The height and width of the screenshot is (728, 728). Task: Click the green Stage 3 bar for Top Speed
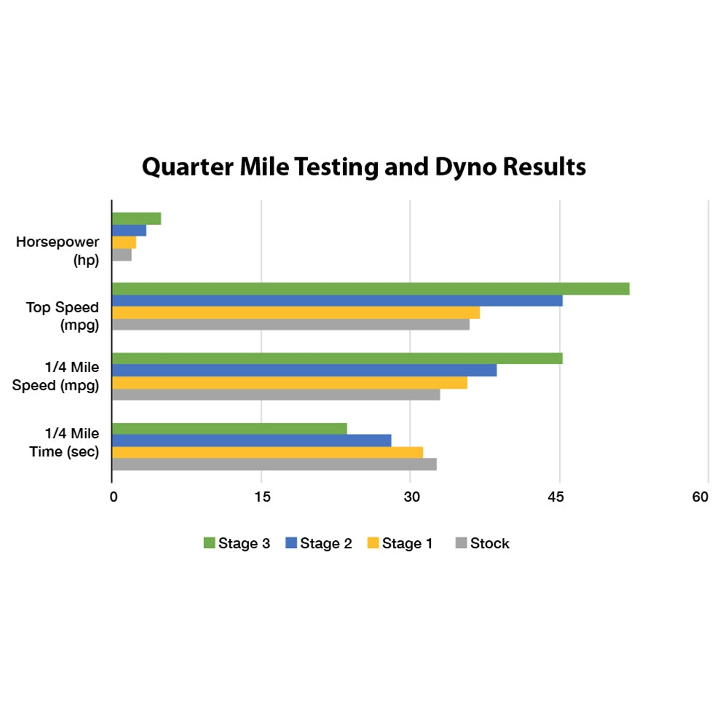370,289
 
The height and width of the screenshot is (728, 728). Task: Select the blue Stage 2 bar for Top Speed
336,301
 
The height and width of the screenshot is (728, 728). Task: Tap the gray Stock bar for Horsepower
122,255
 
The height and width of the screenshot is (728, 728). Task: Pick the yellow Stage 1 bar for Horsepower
124,242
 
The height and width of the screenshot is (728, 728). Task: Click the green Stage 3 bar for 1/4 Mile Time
229,429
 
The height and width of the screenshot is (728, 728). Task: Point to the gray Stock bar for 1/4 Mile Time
274,464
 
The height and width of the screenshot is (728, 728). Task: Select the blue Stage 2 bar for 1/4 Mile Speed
304,371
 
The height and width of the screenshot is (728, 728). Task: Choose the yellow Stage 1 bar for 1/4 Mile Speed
289,383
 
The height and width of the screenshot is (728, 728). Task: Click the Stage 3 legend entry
237,543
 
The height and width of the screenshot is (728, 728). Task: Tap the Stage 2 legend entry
319,543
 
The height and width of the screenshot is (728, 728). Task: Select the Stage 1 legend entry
400,543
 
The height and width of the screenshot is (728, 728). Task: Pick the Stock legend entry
482,543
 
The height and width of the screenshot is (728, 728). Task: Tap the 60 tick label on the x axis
700,498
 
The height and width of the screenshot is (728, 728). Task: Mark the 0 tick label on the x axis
113,498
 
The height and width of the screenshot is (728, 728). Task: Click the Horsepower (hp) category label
58,250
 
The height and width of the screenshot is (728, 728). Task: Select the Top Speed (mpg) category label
63,316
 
